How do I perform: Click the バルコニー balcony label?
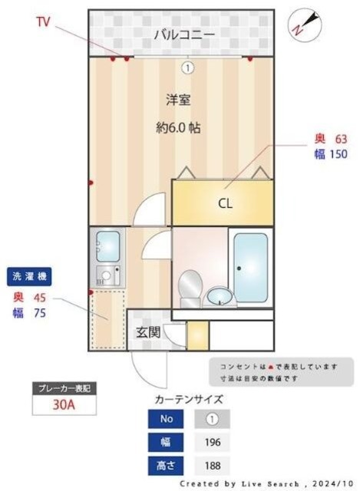[x=183, y=34]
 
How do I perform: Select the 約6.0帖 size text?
[x=178, y=128]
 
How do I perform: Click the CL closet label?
[x=225, y=203]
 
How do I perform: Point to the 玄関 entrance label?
[x=147, y=333]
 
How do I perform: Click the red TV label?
[x=43, y=22]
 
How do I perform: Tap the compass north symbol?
[x=299, y=24]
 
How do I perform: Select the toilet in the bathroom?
[x=189, y=286]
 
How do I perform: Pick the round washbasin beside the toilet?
[x=218, y=295]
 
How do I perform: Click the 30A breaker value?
[x=64, y=404]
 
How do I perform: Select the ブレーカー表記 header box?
[x=64, y=389]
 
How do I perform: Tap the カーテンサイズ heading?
[x=189, y=399]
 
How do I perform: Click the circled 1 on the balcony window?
[x=187, y=68]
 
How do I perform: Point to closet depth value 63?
[x=342, y=139]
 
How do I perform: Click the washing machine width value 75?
[x=38, y=311]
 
